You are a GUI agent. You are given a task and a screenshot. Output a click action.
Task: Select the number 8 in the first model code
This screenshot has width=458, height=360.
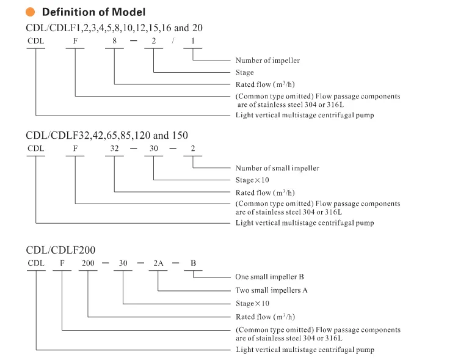[x=114, y=43]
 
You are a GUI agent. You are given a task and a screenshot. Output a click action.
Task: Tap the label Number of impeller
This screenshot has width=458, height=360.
[x=267, y=61]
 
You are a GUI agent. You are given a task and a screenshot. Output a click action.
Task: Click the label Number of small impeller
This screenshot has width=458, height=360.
[x=277, y=168]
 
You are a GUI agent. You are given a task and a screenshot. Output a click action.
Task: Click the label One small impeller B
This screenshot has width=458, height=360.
[x=269, y=277]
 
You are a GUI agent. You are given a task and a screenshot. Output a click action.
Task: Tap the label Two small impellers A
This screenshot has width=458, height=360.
[x=271, y=290]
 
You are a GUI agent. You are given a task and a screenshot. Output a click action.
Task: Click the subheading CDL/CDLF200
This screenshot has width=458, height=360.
[x=60, y=249]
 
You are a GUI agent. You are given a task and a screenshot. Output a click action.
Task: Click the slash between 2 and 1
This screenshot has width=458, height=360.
[x=173, y=43]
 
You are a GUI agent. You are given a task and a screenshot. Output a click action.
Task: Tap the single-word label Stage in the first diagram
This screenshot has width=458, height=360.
[x=245, y=72]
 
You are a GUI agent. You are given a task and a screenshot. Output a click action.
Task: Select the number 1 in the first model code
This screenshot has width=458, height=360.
[x=194, y=43]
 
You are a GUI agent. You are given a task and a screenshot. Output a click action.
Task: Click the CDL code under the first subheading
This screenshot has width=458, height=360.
[x=36, y=43]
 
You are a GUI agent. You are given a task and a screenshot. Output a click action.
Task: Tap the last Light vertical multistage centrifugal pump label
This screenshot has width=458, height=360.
[x=305, y=350]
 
